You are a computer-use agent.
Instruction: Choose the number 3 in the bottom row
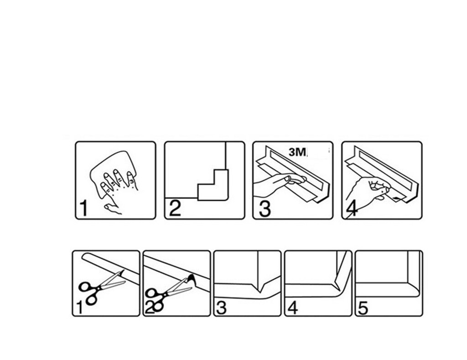(221, 308)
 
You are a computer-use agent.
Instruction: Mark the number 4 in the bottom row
(293, 308)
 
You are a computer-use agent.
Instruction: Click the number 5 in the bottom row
(363, 308)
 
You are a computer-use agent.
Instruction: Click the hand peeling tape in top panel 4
(369, 189)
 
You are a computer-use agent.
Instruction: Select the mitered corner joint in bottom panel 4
(340, 285)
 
